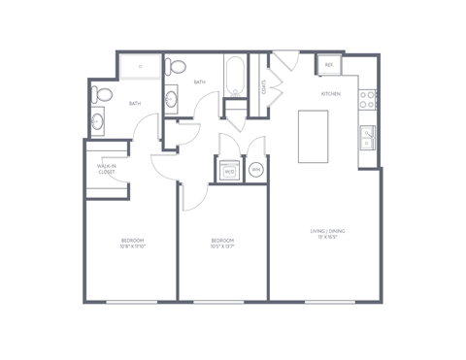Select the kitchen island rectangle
point(314,136)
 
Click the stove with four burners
point(369,99)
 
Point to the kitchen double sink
point(369,138)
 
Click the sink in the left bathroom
point(98,123)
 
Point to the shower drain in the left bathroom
point(142,66)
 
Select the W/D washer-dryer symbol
point(230,170)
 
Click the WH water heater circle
point(257,170)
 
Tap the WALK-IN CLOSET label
point(107,171)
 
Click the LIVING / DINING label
point(328,232)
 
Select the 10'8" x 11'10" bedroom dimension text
point(132,245)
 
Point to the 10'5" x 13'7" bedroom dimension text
point(223,245)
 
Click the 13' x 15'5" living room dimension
point(328,239)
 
